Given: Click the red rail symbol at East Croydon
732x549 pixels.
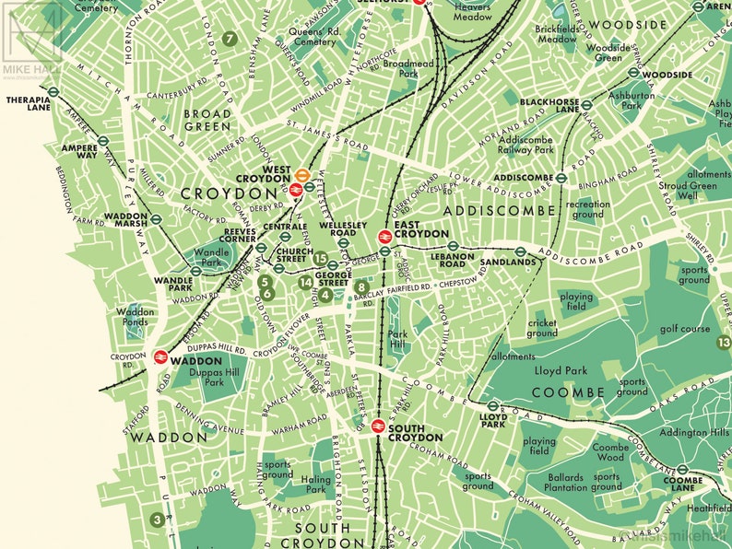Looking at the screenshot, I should (x=385, y=236).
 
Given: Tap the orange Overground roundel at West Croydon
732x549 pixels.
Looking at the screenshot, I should (x=301, y=172).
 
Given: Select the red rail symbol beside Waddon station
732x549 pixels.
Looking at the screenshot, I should (x=160, y=356).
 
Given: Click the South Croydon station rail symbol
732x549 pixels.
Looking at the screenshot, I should (x=377, y=426).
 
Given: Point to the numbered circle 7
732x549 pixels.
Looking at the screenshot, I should (x=230, y=39).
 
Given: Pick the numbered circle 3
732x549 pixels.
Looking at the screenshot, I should (x=158, y=520).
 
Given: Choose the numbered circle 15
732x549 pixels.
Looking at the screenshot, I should (x=321, y=258).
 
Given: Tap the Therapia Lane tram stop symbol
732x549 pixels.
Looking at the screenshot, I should (x=53, y=91).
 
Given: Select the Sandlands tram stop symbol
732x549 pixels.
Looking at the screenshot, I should (x=520, y=250).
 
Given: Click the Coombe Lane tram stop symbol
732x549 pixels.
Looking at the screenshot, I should (x=682, y=469).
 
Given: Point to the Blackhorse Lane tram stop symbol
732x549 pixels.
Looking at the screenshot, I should (x=586, y=108).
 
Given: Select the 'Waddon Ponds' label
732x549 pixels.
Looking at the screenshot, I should (x=136, y=318).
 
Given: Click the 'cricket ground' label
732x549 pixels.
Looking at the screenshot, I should (x=542, y=328).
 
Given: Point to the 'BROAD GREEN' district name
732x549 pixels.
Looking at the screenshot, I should (x=207, y=120).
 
